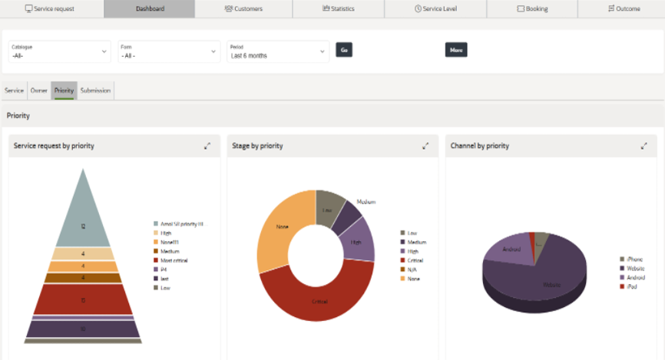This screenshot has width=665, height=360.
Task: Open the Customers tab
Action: [x=243, y=8]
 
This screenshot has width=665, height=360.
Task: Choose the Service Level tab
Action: [x=435, y=8]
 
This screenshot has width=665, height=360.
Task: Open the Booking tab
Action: [x=532, y=8]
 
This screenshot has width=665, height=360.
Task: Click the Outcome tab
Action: [x=623, y=8]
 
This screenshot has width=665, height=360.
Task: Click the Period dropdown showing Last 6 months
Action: [x=277, y=51]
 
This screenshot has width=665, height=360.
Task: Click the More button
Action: [x=456, y=50]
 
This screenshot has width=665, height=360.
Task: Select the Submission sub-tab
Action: [x=95, y=91]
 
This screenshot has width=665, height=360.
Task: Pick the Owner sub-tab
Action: [x=38, y=91]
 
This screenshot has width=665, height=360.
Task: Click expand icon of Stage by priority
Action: [x=425, y=146]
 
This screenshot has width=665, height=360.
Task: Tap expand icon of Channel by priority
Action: [x=643, y=146]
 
